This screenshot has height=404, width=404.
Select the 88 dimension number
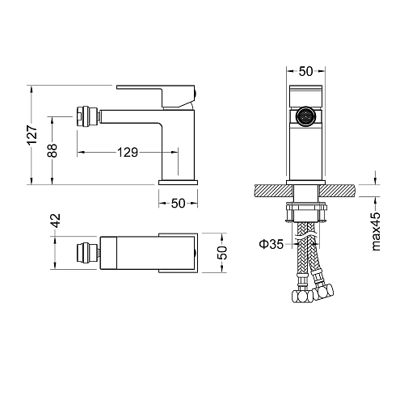53,150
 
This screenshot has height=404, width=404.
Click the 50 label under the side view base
179,203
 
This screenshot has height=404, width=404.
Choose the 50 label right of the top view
223,252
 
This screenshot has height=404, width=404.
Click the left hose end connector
298,298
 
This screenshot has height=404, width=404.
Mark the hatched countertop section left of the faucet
271,191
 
